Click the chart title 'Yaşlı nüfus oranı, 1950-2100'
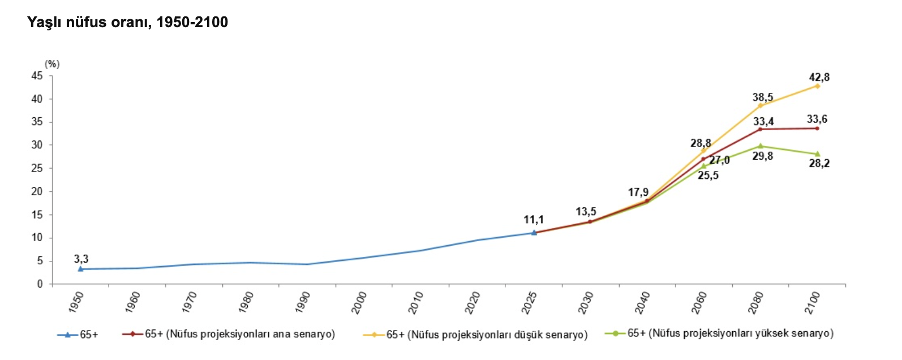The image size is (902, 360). coord(127,23)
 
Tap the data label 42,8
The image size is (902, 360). coord(819,78)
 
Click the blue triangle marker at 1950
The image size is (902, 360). coord(81,269)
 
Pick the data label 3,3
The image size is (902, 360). coord(81,259)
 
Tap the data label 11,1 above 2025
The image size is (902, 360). coord(534,220)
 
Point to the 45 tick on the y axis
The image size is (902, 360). coord(37,76)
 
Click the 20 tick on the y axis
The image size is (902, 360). coord(37,191)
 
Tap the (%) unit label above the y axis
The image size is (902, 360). coord(52,64)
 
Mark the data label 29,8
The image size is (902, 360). coord(762,156)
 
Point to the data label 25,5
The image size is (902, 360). coord(708,175)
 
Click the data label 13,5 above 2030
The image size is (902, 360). coord(586,212)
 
